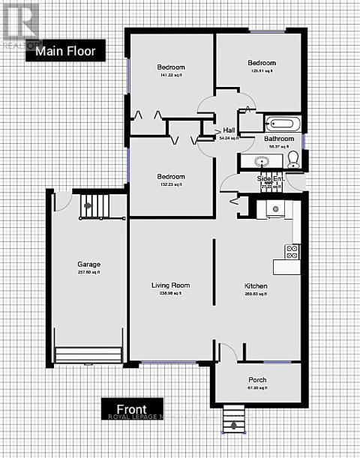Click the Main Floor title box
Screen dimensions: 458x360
pyautogui.click(x=65, y=51)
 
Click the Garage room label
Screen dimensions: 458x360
pyautogui.click(x=89, y=265)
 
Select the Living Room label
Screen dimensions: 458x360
pyautogui.click(x=171, y=285)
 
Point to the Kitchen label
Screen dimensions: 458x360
pyautogui.click(x=256, y=286)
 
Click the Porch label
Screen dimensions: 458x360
pyautogui.click(x=256, y=380)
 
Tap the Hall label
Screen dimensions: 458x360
pyautogui.click(x=229, y=130)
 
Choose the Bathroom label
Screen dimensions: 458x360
pyautogui.click(x=278, y=139)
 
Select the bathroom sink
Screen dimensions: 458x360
pyautogui.click(x=262, y=160)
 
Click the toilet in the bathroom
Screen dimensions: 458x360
pyautogui.click(x=293, y=157)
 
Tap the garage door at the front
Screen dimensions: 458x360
pyautogui.click(x=88, y=355)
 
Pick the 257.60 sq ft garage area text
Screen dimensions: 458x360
pyautogui.click(x=89, y=274)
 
